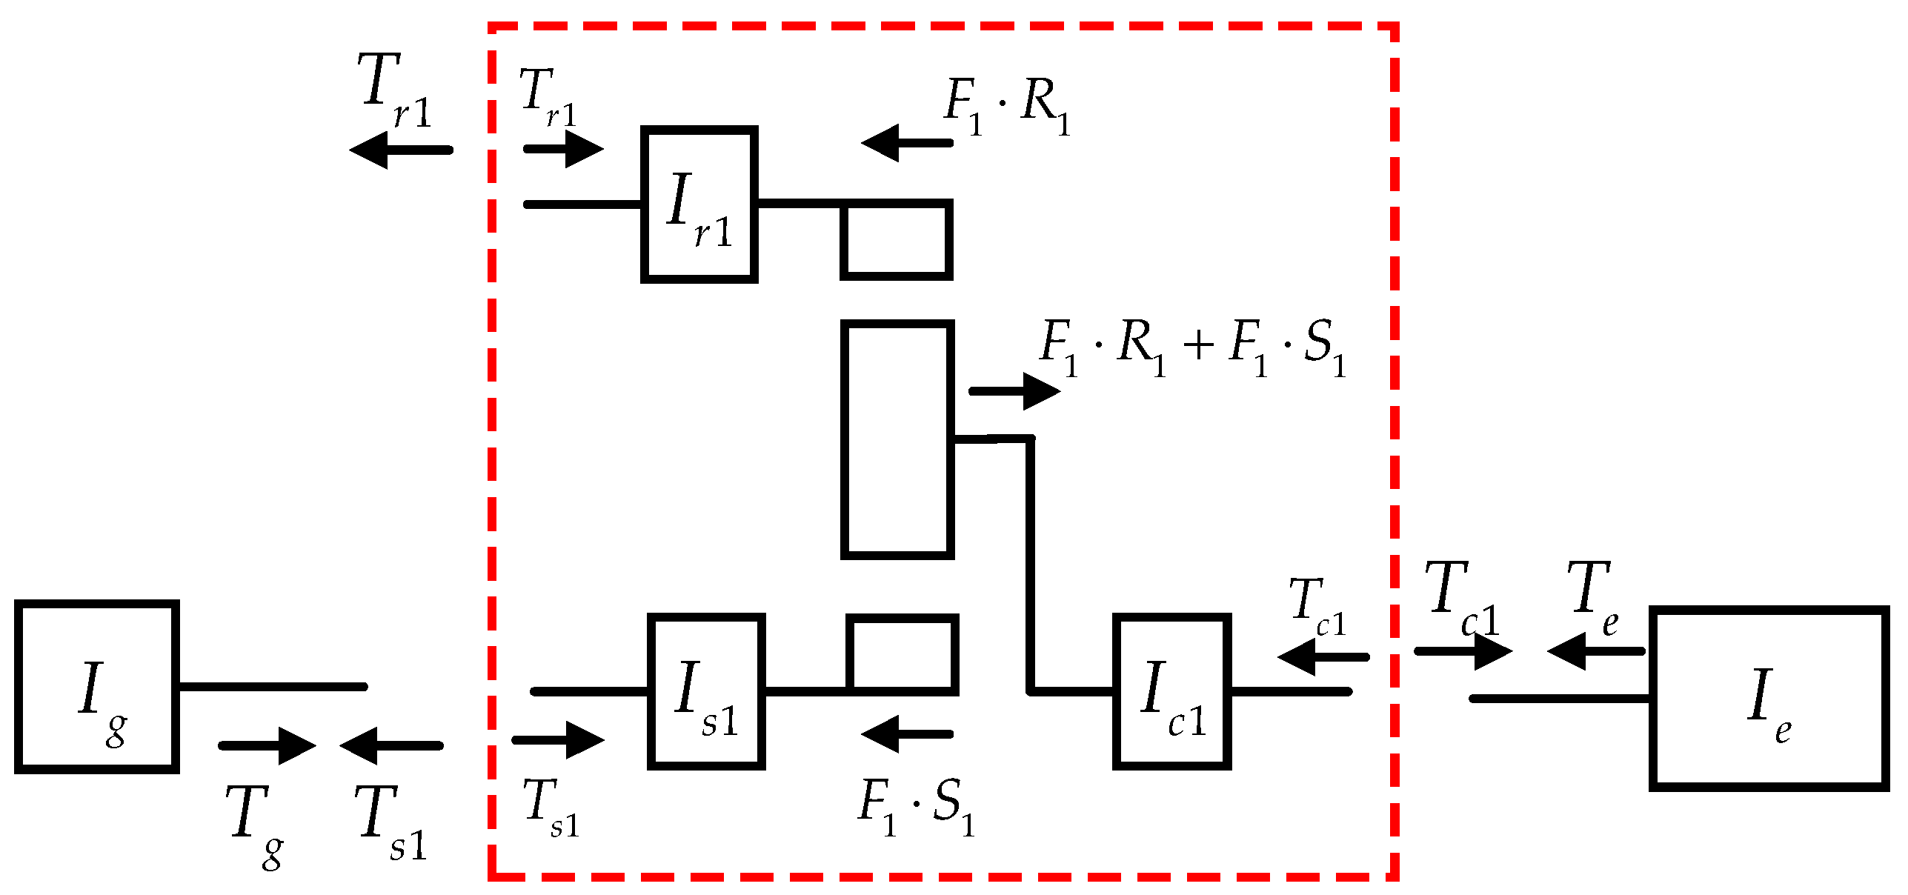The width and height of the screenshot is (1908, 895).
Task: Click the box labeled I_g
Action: coord(96,687)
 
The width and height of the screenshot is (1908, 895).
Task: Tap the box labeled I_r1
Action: coord(699,204)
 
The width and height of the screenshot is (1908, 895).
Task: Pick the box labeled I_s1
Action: coord(706,691)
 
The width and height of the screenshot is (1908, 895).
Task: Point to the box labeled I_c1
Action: coord(1171,691)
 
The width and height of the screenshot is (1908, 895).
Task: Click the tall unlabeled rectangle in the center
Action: coord(897,439)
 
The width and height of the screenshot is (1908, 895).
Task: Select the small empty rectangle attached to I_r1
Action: coord(896,239)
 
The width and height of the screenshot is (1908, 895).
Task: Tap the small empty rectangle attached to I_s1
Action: coord(903,654)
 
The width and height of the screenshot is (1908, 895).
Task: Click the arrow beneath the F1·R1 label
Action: coord(907,142)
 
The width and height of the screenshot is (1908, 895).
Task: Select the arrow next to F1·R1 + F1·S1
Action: coord(1014,390)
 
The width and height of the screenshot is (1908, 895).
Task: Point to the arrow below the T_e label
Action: coord(1595,651)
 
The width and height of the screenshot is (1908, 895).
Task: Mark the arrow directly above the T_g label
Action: coord(267,745)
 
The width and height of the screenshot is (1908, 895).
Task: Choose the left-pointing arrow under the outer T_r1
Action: coord(401,150)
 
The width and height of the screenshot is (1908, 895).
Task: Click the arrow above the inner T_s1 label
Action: coord(558,739)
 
